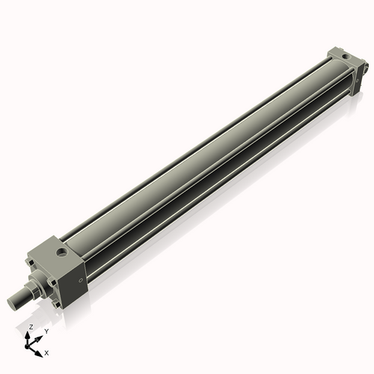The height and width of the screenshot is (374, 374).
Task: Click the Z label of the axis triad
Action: pos(31,327)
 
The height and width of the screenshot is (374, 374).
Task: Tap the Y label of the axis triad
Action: pos(46,331)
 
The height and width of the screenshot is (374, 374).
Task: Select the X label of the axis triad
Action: pos(46,352)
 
